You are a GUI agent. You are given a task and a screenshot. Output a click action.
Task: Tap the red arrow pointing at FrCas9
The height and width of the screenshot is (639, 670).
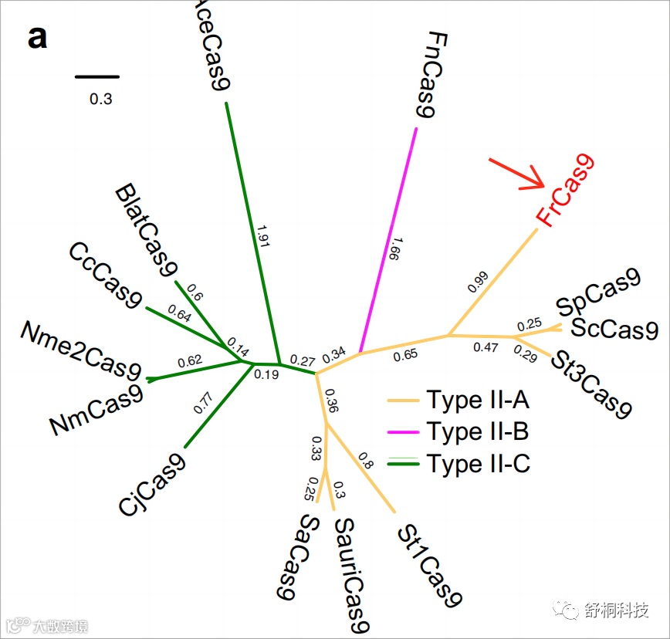point(517,174)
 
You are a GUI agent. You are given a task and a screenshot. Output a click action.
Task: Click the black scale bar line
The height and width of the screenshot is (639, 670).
point(97,76)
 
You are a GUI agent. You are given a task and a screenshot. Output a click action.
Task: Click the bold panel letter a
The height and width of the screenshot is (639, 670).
point(37,37)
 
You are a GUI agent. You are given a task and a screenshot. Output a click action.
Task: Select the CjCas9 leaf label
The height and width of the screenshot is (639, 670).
point(151,483)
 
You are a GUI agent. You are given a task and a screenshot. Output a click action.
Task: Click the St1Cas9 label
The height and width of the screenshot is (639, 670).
point(429,566)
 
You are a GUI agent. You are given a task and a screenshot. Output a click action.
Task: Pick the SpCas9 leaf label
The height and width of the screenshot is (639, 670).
point(599,293)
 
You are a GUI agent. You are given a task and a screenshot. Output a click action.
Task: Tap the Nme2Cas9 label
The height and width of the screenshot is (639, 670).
point(80,350)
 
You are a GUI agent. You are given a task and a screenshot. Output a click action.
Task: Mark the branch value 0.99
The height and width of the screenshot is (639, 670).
point(479,282)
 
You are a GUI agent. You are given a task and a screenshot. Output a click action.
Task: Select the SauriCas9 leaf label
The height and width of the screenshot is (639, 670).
point(351,573)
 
